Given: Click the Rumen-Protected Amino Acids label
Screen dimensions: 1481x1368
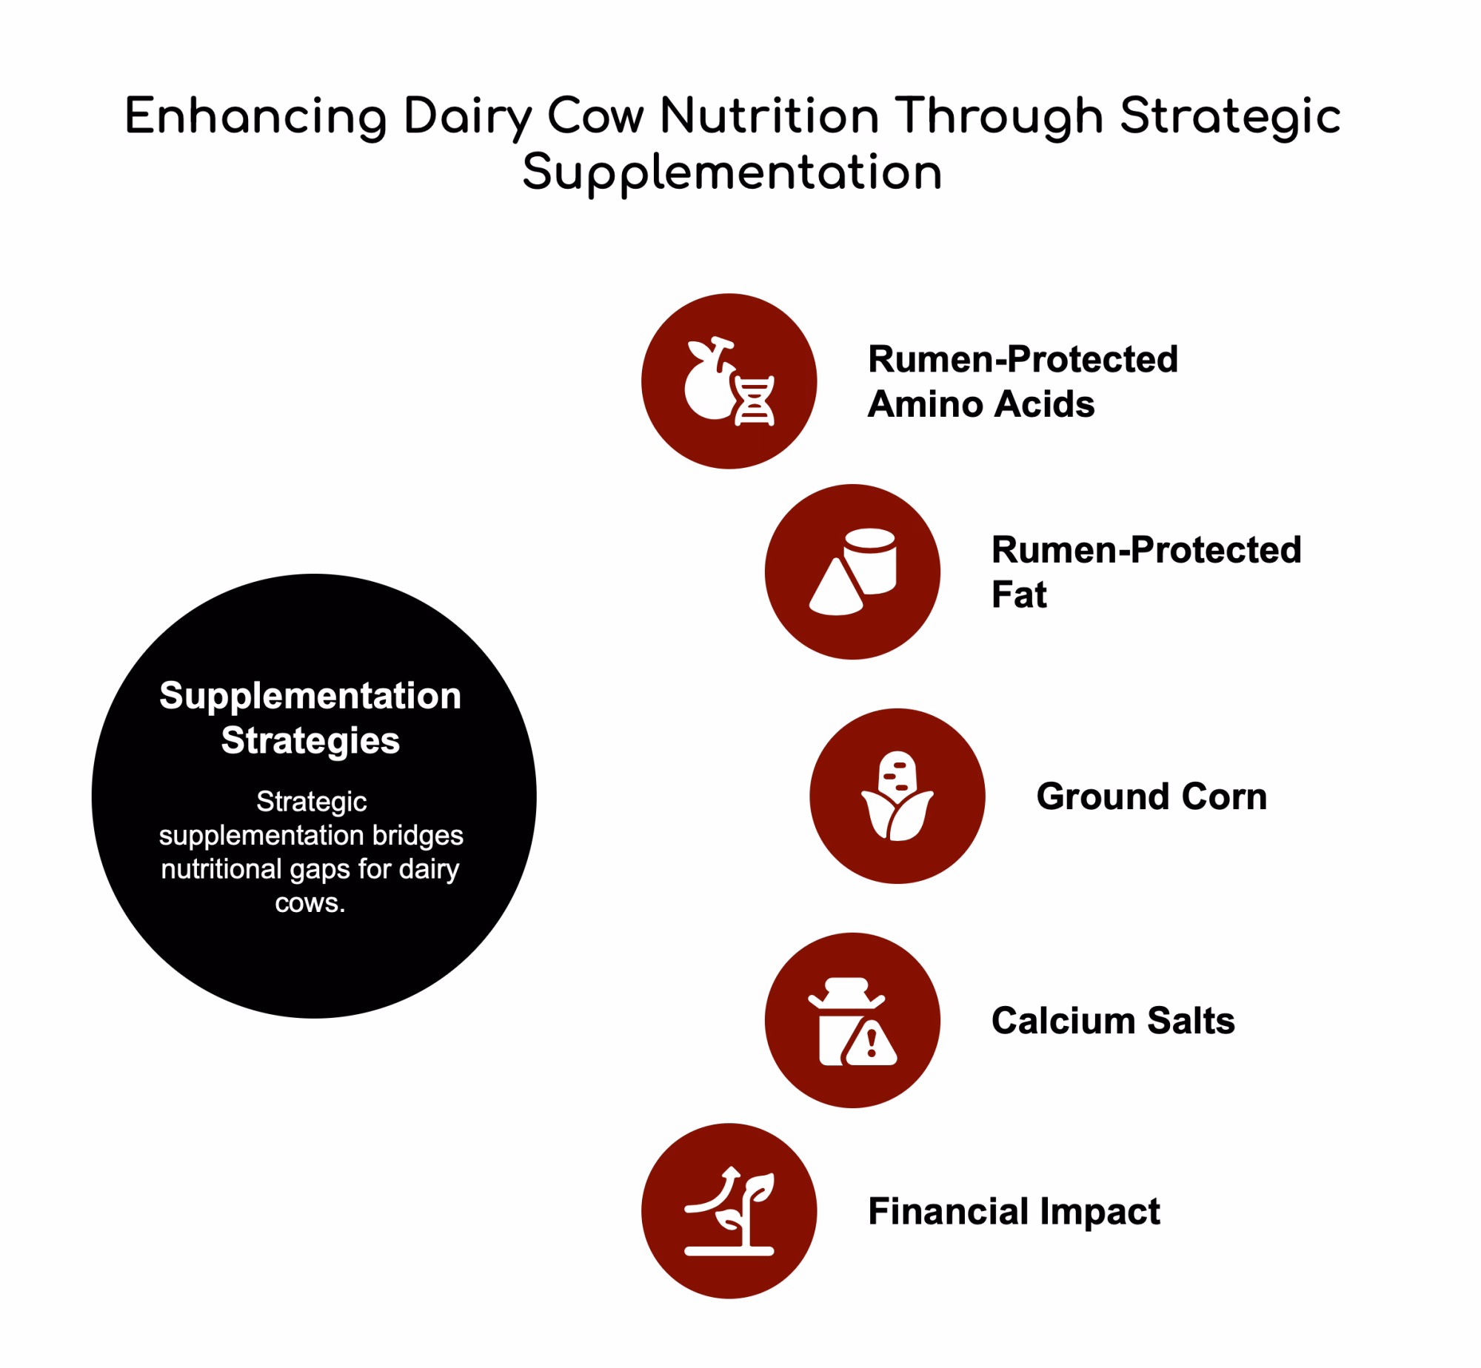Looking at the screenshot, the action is point(1023,382).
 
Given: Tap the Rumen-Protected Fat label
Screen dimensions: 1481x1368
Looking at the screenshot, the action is point(1146,572).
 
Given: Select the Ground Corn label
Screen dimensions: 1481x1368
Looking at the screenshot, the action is point(1151,797).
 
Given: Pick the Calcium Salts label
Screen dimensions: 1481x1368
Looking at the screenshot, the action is point(1113,1021).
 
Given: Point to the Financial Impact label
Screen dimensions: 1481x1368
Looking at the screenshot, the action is point(1014,1212).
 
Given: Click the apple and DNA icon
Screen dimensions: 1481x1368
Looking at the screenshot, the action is point(729,382).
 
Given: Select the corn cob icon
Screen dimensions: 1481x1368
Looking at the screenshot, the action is point(897,797).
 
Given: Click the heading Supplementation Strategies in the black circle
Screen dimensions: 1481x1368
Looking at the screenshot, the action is point(310,718).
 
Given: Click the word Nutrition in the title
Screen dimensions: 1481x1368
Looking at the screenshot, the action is point(769,117).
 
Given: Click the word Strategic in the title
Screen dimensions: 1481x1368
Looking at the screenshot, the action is point(1230,118).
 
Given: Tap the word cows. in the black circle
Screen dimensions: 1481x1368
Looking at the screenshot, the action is point(310,903).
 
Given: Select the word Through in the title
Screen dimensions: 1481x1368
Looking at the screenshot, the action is point(1000,118).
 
